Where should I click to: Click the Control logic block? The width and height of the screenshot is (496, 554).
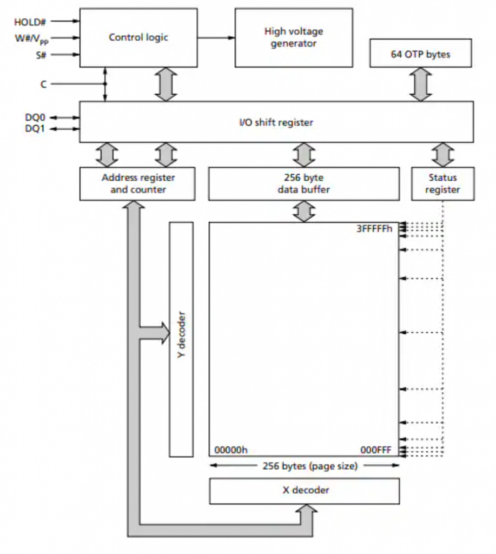coord(138,37)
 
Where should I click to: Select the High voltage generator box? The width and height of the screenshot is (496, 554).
coord(293,37)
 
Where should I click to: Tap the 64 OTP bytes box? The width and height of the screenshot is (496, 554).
coord(420,54)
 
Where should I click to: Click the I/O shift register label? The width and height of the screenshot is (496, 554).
coord(276,122)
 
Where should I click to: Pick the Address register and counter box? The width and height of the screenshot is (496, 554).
coord(138,183)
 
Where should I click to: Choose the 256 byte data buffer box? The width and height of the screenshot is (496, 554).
coord(303,183)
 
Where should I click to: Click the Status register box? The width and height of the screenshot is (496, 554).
coord(442,183)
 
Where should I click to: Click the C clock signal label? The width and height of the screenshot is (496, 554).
coord(43,84)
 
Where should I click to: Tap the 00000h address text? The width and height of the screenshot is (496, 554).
coord(231,450)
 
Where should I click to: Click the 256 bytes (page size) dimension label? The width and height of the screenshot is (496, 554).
coord(309,466)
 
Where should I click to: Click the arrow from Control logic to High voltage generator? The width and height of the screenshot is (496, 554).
coord(216,37)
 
